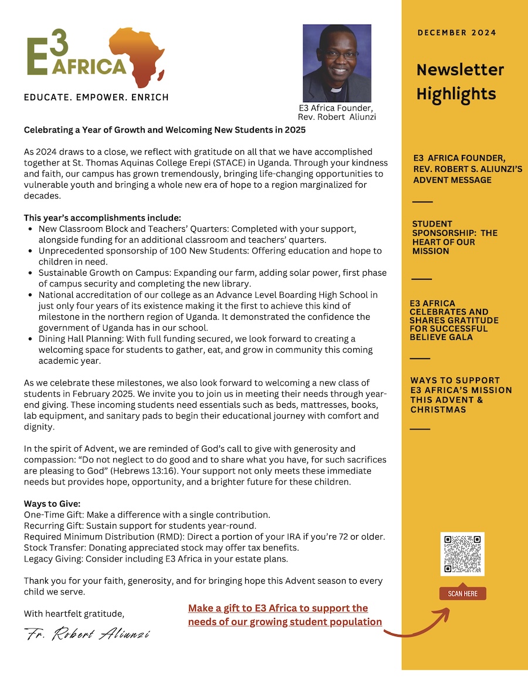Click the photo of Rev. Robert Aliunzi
[337, 63]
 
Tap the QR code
[462, 554]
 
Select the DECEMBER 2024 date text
[457, 33]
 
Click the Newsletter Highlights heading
[460, 82]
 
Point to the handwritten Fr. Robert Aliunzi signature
[87, 634]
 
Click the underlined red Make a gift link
[285, 615]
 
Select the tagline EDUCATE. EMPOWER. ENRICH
[96, 97]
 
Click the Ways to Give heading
[52, 504]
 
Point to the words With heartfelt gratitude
[74, 614]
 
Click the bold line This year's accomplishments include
[103, 218]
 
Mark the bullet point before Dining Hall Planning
[30, 339]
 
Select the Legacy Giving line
[155, 559]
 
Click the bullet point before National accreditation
[30, 295]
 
